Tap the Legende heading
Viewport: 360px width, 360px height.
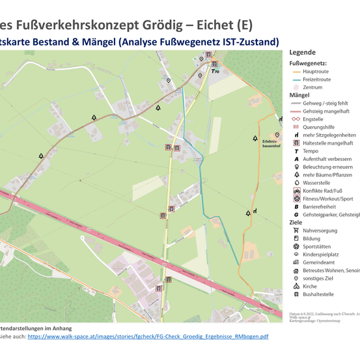[x=303, y=52]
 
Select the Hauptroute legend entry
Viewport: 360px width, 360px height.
[x=316, y=71]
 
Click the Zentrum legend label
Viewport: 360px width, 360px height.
[x=312, y=87]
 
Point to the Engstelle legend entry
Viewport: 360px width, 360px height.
[x=313, y=119]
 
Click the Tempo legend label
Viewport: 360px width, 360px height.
[x=311, y=151]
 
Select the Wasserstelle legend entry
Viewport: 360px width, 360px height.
[x=316, y=183]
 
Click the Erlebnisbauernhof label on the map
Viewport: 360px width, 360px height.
[x=270, y=143]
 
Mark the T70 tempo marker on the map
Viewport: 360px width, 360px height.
[x=215, y=71]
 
